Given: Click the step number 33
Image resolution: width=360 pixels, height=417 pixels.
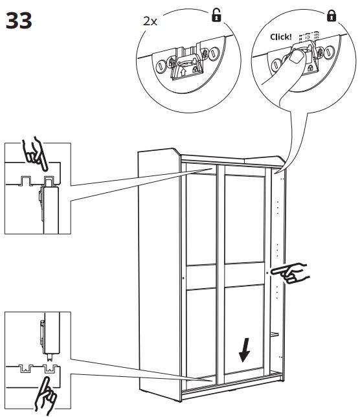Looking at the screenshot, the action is pos(19,20).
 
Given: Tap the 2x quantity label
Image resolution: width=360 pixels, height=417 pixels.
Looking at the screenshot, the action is pos(150,21).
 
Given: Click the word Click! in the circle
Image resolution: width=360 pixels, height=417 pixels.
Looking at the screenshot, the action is pos(281,37).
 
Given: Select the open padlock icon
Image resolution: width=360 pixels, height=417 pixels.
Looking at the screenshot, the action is pos(216,15).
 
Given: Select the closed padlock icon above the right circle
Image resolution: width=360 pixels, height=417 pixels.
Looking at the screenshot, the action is pos(332,16).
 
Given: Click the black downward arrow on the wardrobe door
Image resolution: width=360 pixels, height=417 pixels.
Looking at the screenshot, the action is pos(244,350).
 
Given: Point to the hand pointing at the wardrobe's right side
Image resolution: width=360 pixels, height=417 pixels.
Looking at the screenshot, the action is pos(290,273).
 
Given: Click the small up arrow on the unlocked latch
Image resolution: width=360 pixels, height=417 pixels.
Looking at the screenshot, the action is pos(183,72).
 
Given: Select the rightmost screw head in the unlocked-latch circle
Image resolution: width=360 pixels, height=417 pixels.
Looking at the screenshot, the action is pos(214,54).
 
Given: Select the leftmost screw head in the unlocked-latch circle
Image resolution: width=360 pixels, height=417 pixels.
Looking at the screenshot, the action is pos(161,66).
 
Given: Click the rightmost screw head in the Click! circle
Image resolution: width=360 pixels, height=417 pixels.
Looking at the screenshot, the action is pos(330,51).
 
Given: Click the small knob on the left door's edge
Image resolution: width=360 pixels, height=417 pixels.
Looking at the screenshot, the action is pos(183,278).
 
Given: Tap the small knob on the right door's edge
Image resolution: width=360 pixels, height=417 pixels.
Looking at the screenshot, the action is pos(267,273).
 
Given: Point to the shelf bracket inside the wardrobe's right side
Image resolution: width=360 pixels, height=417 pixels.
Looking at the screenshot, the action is pos(275,334).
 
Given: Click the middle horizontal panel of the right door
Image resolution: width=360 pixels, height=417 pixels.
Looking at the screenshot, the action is pos(244,275).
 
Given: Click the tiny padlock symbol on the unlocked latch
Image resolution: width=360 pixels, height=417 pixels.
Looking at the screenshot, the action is pos(195,70).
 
